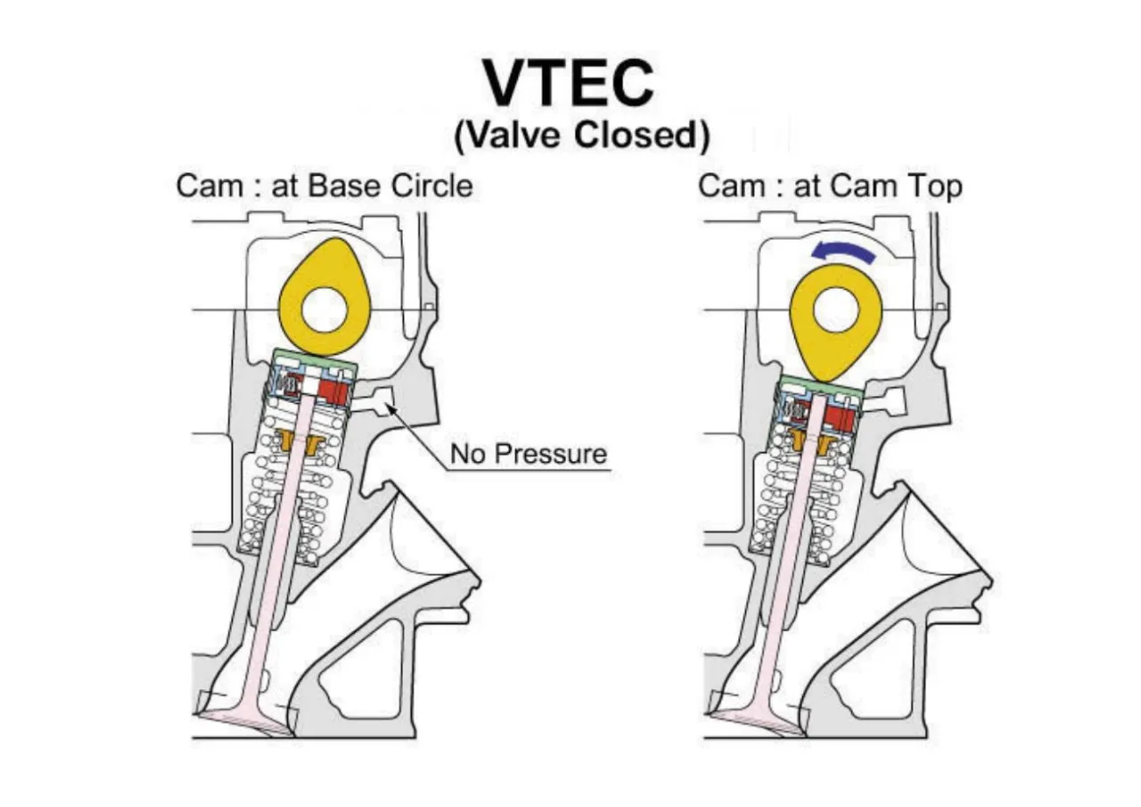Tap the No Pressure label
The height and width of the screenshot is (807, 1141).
pyautogui.click(x=528, y=454)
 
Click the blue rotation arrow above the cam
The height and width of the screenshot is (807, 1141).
pyautogui.click(x=843, y=253)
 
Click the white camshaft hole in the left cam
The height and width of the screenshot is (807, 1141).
pyautogui.click(x=324, y=311)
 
